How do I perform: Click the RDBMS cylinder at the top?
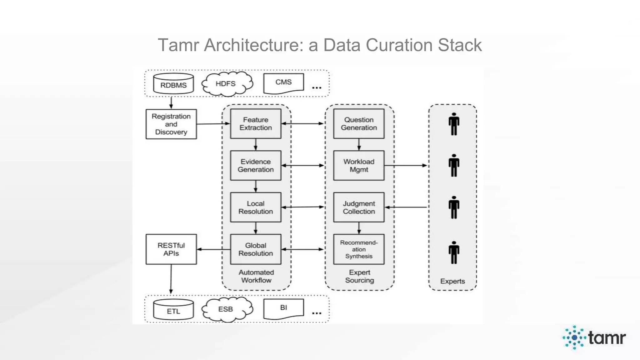(x=173, y=84)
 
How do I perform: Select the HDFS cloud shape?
(x=226, y=83)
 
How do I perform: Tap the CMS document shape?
(x=283, y=83)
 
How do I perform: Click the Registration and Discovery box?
(x=171, y=124)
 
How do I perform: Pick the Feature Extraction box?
(x=256, y=124)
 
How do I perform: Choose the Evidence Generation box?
(x=256, y=166)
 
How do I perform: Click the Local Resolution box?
(x=256, y=207)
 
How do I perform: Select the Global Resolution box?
(x=256, y=249)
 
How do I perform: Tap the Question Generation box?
(x=359, y=124)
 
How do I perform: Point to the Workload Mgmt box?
(x=359, y=166)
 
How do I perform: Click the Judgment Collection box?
(x=359, y=207)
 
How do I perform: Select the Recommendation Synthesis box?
(x=359, y=249)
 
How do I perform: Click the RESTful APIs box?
(x=171, y=249)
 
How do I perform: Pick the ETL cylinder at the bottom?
(x=173, y=310)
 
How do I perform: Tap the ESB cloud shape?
(x=226, y=309)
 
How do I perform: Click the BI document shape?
(x=283, y=308)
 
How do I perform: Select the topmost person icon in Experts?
(x=454, y=124)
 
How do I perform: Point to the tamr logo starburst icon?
(x=574, y=337)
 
